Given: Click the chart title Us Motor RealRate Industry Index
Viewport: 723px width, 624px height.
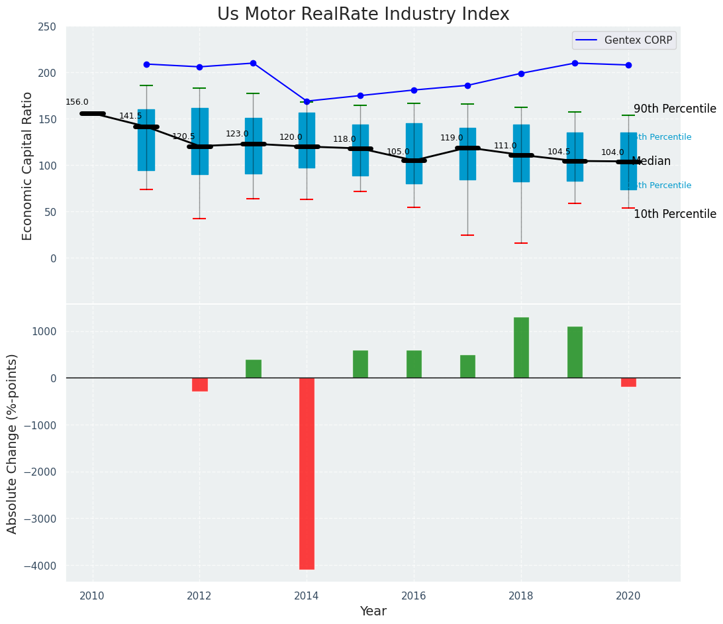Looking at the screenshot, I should pos(363,15).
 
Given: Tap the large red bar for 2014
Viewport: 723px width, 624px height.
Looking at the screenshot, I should pos(307,473).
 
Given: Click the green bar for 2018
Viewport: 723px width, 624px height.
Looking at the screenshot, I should pos(521,348).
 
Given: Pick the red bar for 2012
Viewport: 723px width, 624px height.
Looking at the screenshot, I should pos(200,384).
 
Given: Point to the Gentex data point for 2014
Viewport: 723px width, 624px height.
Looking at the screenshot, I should pos(307,101).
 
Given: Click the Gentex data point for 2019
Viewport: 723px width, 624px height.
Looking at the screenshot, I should pos(575,64).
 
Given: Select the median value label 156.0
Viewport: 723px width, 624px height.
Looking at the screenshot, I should pos(77,103).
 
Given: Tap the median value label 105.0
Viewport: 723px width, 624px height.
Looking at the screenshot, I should pos(398,152).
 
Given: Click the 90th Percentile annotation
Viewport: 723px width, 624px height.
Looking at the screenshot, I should pos(675,109).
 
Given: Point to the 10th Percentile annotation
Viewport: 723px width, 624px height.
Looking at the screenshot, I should pos(675,215).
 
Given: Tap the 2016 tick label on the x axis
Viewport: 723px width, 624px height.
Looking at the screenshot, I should pos(414,596).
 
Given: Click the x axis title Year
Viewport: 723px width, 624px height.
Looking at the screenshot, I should pos(373,611).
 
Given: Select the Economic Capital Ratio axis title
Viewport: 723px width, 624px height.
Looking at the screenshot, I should pos(28,166).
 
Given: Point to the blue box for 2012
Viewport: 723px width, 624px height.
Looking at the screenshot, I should pos(200,141).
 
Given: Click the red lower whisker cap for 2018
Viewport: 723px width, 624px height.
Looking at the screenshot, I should pos(521,243).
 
